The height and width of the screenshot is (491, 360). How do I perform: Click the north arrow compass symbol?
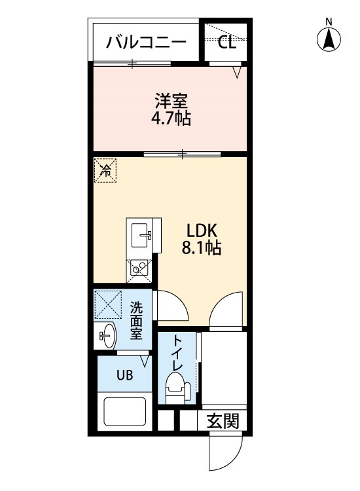[329, 39]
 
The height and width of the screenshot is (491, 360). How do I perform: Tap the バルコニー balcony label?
[146, 43]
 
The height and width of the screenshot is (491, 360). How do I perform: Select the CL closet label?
[226, 43]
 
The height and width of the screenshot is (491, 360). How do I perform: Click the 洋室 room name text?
[171, 101]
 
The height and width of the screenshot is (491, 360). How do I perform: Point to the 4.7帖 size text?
[171, 118]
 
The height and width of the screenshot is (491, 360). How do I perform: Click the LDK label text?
[202, 231]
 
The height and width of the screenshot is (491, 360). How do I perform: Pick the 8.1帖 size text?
[202, 248]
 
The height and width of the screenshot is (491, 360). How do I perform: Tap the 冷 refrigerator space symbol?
[105, 170]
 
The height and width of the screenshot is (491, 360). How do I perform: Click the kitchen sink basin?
[141, 235]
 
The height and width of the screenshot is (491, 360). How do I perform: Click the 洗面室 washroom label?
[137, 320]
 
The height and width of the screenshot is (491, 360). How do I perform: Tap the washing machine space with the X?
[108, 304]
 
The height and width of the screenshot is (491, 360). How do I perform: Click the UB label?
[124, 375]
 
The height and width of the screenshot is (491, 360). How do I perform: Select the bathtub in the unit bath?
[124, 412]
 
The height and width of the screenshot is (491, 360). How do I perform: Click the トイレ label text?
[177, 353]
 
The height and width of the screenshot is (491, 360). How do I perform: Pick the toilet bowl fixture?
[177, 388]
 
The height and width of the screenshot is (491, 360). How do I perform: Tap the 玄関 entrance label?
[223, 421]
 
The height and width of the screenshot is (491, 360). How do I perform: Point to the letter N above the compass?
[329, 22]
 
